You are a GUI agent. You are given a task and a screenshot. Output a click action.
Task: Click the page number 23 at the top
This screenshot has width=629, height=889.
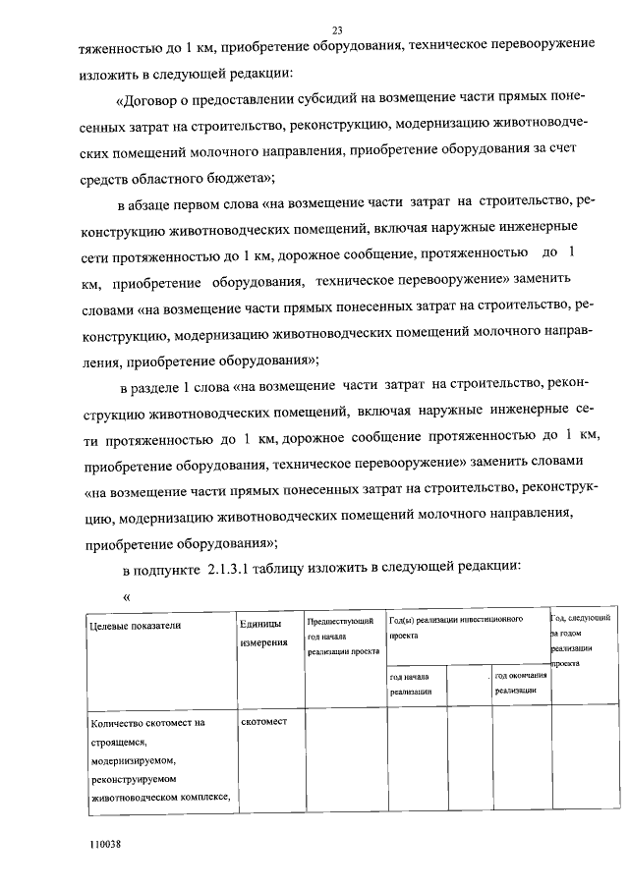coord(337,29)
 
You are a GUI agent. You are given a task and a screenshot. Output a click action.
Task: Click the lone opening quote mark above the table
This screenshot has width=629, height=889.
coord(126,594)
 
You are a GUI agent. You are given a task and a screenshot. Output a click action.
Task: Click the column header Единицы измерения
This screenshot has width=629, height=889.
coord(262,633)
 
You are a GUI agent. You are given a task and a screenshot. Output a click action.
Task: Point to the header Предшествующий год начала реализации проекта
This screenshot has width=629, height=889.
coord(342,636)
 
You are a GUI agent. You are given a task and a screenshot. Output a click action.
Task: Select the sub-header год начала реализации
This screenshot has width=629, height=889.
coord(411,685)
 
